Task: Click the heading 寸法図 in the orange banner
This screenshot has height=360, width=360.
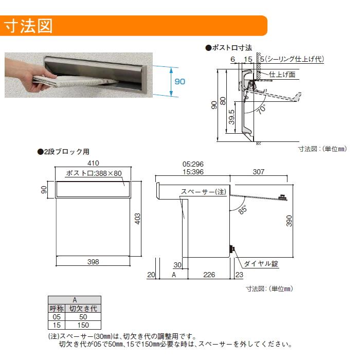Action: click(x=29, y=26)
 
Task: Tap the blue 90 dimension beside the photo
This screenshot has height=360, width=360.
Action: click(x=179, y=81)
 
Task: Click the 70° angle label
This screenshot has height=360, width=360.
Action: click(x=262, y=108)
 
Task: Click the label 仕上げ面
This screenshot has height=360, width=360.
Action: click(x=282, y=74)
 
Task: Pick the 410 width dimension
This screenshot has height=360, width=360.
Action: click(x=93, y=163)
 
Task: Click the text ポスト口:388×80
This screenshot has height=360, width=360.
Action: click(x=94, y=173)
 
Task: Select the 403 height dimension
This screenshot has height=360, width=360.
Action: click(x=137, y=218)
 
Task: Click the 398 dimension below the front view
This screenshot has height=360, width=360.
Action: click(x=93, y=262)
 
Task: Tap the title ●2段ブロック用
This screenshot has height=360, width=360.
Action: click(x=63, y=152)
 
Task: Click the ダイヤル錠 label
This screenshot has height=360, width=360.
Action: click(x=261, y=264)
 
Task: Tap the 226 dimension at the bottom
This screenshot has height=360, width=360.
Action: click(x=209, y=275)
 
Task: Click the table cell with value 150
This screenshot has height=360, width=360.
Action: click(x=83, y=325)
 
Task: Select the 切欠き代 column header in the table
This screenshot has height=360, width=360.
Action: click(x=83, y=309)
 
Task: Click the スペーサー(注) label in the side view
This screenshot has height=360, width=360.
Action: click(x=203, y=192)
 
